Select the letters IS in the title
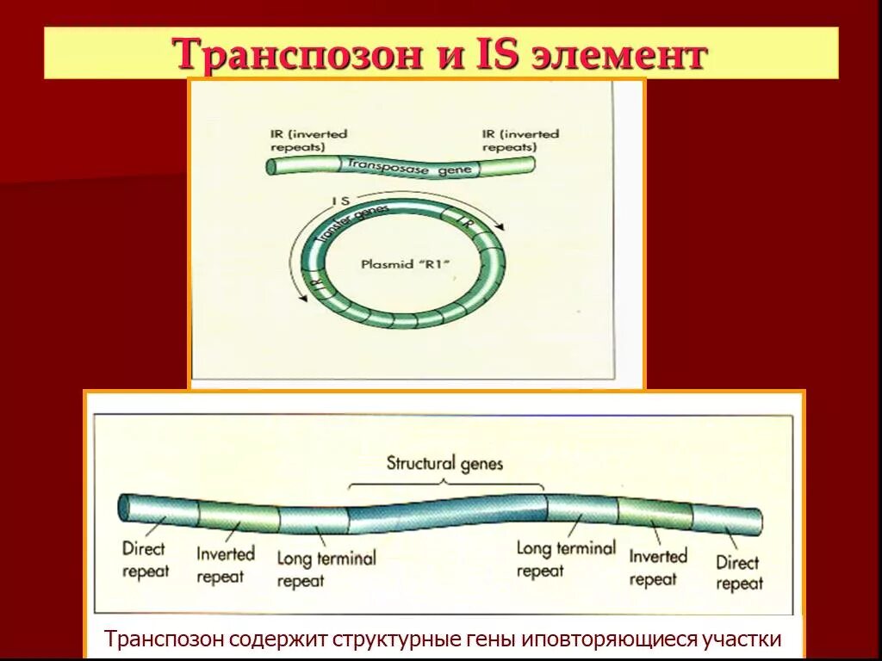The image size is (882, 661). click(x=491, y=54)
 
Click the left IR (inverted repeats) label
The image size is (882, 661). click(x=307, y=140)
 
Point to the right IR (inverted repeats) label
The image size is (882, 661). click(x=519, y=139)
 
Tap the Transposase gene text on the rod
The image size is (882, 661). click(x=409, y=166)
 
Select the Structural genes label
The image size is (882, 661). click(x=444, y=464)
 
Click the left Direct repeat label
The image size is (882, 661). click(x=146, y=559)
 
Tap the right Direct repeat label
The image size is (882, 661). click(x=739, y=573)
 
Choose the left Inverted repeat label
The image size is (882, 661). click(x=225, y=565)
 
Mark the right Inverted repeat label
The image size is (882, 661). click(x=657, y=568)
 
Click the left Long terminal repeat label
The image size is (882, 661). click(x=326, y=569)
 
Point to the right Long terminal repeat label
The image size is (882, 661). click(x=565, y=559)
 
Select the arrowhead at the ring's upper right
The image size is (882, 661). click(x=500, y=229)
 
